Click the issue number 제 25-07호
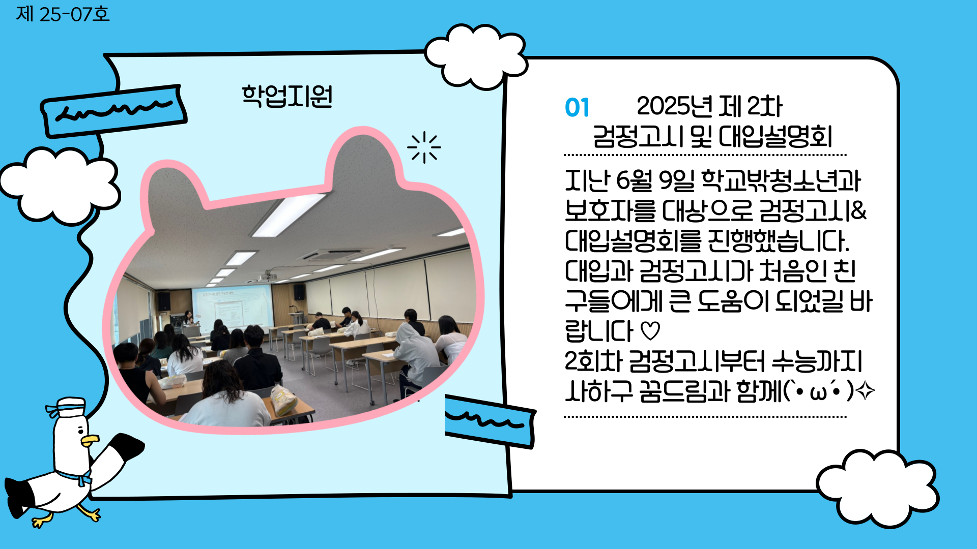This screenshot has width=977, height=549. [x=63, y=14]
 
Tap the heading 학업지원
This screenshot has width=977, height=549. [x=287, y=96]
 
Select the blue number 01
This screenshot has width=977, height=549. [x=577, y=108]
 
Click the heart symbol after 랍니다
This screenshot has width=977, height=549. [x=650, y=331]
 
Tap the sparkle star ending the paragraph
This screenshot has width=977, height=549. [x=865, y=391]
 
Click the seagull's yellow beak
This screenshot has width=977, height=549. [x=90, y=440]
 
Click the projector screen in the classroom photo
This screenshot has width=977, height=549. [x=232, y=308]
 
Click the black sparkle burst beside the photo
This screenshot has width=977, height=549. [x=424, y=147]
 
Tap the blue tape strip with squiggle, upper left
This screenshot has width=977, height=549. [x=113, y=111]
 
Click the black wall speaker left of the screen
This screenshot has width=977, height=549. [x=163, y=301]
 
